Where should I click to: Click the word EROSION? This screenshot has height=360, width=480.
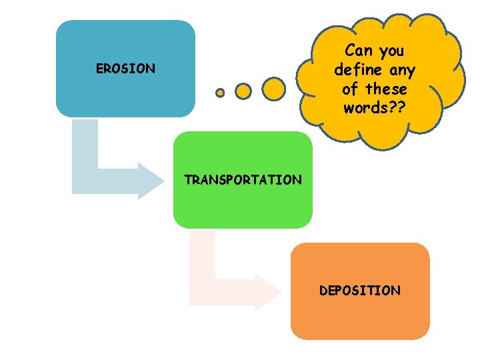pos(125,69)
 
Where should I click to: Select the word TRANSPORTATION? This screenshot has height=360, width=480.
pos(243,180)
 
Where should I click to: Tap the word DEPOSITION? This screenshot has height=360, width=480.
pos(360,291)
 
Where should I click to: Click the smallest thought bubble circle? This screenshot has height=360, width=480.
pos(220,93)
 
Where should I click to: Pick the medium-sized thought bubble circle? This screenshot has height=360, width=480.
pos(243,90)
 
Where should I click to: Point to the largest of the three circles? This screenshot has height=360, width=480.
pos(273,88)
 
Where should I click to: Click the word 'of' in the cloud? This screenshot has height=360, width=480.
pos(349,89)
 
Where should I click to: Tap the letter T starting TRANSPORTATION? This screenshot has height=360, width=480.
pos(188,180)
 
